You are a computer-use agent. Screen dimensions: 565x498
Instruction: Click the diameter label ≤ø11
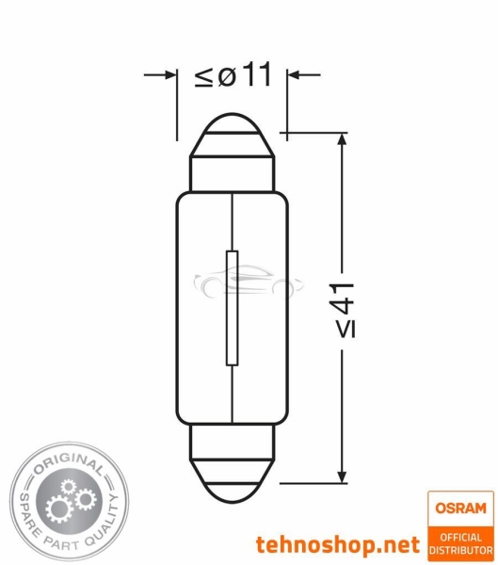click(x=233, y=74)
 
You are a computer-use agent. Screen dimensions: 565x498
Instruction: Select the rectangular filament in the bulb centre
click(x=233, y=308)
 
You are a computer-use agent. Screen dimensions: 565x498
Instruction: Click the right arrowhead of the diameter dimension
click(x=296, y=73)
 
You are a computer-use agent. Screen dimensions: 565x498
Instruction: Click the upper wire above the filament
click(x=233, y=221)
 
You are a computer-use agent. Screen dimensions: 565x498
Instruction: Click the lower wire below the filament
click(x=233, y=395)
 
